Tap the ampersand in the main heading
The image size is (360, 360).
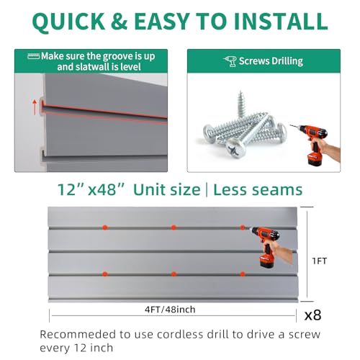119,21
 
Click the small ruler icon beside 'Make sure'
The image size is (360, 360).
33,56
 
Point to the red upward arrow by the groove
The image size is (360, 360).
35,107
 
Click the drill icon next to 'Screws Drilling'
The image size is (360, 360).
230,61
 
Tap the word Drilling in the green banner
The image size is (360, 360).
287,61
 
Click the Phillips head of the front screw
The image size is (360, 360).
236,148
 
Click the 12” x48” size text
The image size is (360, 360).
92,190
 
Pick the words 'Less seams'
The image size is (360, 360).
258,190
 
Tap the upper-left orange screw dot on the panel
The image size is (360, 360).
104,228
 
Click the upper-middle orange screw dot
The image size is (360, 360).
174,228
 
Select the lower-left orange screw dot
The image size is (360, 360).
104,274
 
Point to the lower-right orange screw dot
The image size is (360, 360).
243,274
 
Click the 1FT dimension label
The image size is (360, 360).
320,261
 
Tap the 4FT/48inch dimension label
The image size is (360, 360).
170,310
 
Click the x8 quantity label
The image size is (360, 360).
312,315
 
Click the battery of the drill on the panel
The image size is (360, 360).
266,261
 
